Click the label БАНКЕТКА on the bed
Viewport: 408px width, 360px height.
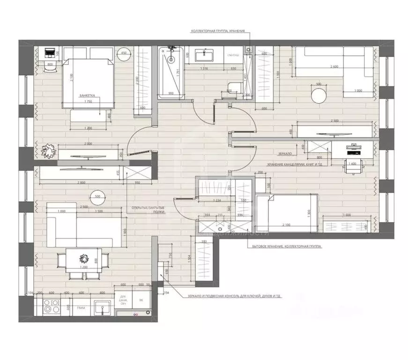click(x=88, y=95)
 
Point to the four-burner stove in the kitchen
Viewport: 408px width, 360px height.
click(x=50, y=307)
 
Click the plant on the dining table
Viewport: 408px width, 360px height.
click(x=83, y=258)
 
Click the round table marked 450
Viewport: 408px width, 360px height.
click(x=124, y=53)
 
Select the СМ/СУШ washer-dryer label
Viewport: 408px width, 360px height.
click(x=234, y=55)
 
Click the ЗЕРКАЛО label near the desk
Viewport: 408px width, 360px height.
click(x=284, y=153)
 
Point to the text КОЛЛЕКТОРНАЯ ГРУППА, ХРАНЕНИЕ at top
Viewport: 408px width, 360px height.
click(x=218, y=31)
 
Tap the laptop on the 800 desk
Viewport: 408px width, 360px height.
click(x=50, y=52)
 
